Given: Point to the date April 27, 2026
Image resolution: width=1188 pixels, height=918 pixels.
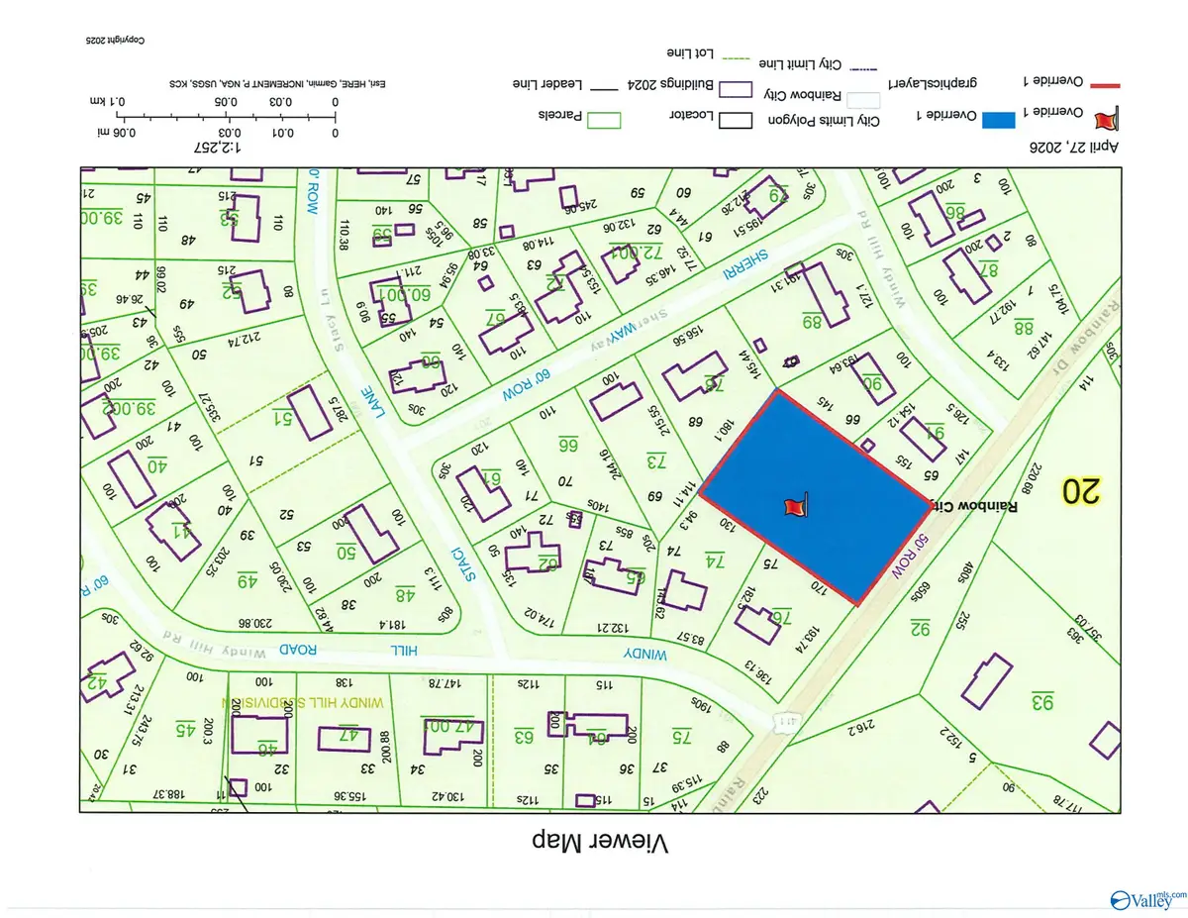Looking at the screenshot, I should pos(1077,146).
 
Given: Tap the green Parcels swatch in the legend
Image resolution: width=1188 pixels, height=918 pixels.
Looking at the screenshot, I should pos(605,119).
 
